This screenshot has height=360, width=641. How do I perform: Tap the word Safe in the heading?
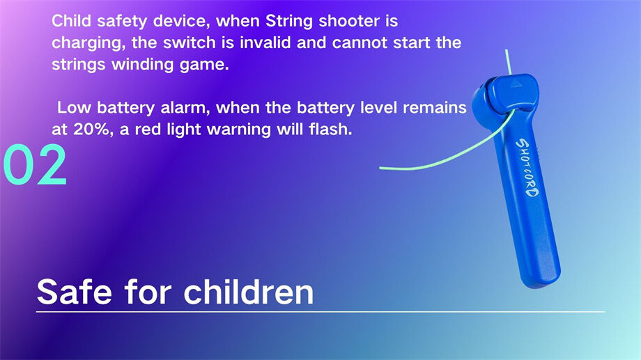pos(73,291)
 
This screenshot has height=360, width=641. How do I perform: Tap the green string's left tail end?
pos(382,168)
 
